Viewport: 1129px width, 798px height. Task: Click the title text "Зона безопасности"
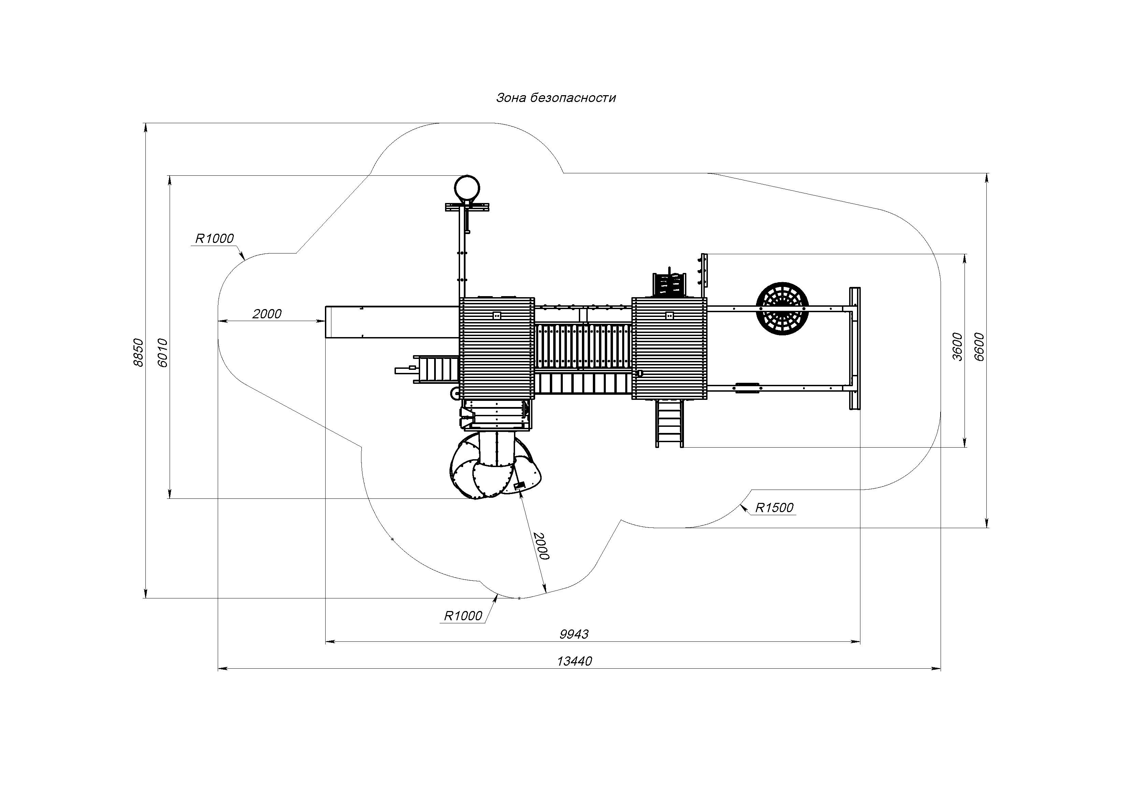pyautogui.click(x=556, y=98)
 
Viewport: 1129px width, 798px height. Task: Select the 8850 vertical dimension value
pyautogui.click(x=138, y=352)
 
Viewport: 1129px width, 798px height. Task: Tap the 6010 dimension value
pyautogui.click(x=163, y=352)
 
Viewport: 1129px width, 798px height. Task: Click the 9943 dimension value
pyautogui.click(x=574, y=634)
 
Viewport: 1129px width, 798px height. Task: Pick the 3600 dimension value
pyautogui.click(x=957, y=347)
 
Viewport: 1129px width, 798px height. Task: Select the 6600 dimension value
pyautogui.click(x=979, y=347)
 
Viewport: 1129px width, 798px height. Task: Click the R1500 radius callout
pyautogui.click(x=774, y=508)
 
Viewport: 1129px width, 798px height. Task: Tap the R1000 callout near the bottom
pyautogui.click(x=463, y=616)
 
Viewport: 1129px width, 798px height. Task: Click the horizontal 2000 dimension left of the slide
pyautogui.click(x=267, y=314)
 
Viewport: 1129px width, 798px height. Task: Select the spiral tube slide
pyautogui.click(x=497, y=465)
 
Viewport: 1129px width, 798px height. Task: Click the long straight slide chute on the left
pyautogui.click(x=392, y=322)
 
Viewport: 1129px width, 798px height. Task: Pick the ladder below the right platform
pyautogui.click(x=669, y=423)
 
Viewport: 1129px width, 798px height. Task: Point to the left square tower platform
pyautogui.click(x=497, y=348)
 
